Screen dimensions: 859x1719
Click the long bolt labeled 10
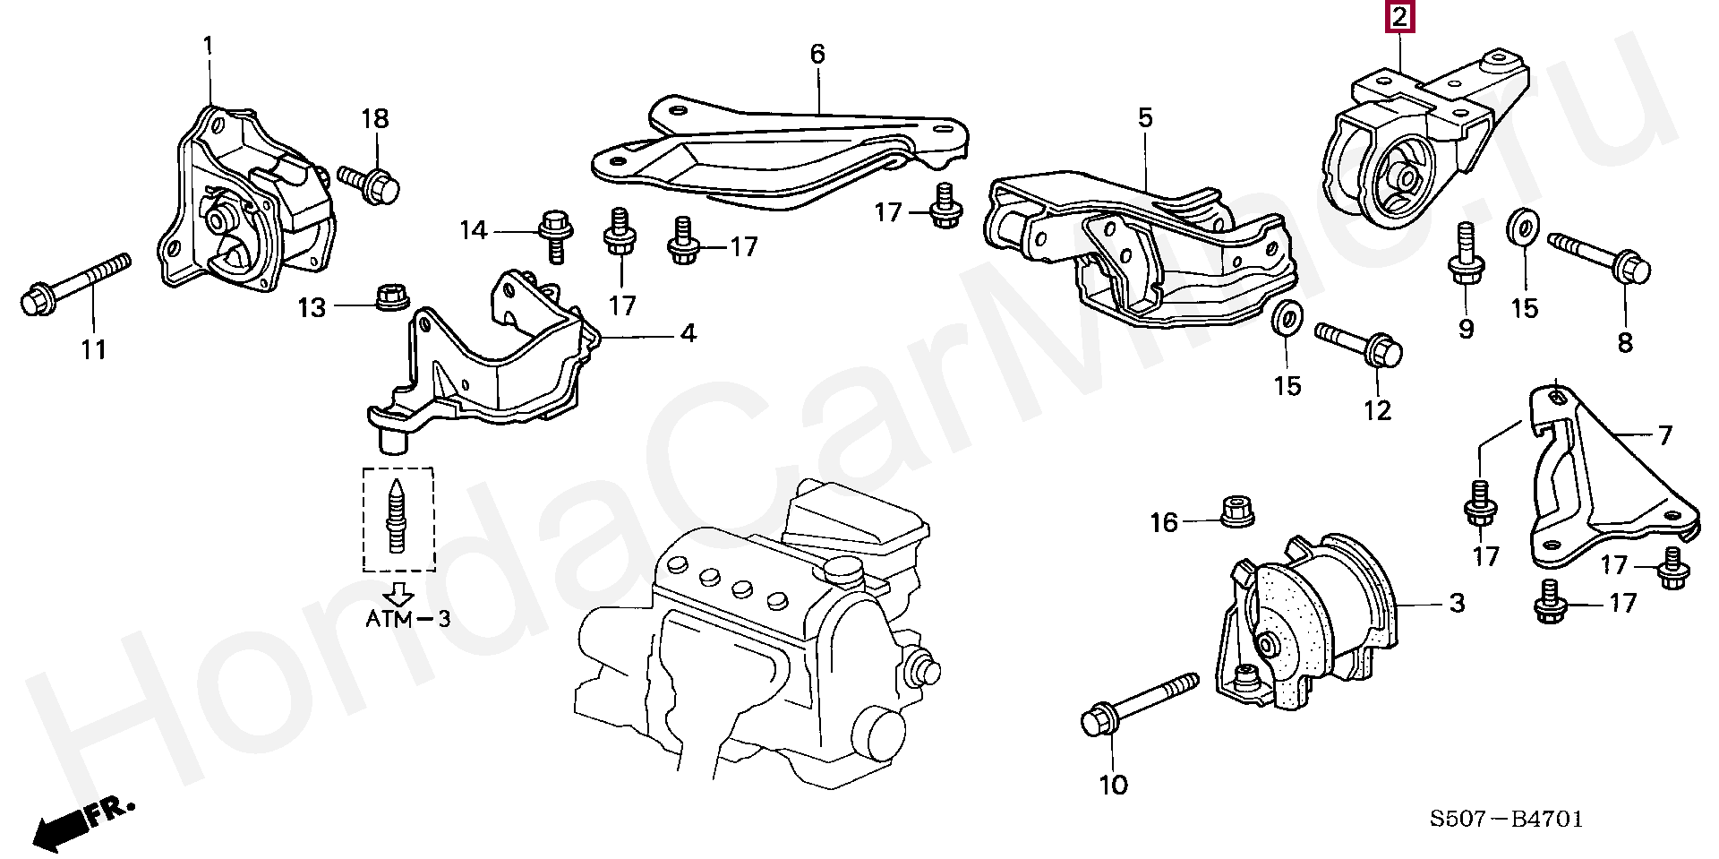1137,704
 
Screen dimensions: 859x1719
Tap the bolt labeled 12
1358,346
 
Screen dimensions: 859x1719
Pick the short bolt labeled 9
1466,254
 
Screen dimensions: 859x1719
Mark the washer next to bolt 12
1287,317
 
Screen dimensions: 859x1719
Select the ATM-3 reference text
407,618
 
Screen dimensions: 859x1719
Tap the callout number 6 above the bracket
817,54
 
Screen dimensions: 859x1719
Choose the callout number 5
1145,117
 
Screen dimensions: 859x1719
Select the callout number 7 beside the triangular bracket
1664,435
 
